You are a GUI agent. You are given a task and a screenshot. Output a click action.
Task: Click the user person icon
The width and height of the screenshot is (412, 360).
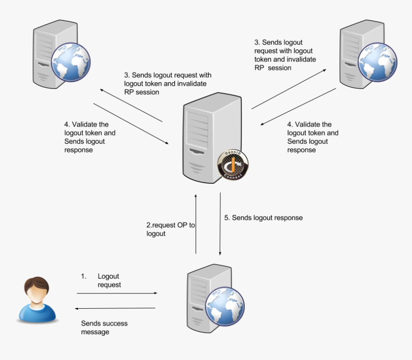coord(37,299)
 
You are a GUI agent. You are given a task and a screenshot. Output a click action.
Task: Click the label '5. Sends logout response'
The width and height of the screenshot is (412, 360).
coord(263,218)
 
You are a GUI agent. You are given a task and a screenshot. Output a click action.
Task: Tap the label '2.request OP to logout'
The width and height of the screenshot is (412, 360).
coord(171,229)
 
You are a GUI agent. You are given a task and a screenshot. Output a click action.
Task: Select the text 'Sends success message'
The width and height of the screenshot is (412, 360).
coord(104,327)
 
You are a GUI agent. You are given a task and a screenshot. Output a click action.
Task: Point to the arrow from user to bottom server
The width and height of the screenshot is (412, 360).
coord(117,293)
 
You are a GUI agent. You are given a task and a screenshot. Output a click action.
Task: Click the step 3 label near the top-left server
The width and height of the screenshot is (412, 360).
coord(167,84)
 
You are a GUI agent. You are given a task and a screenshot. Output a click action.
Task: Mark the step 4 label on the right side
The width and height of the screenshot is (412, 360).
coord(313,137)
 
